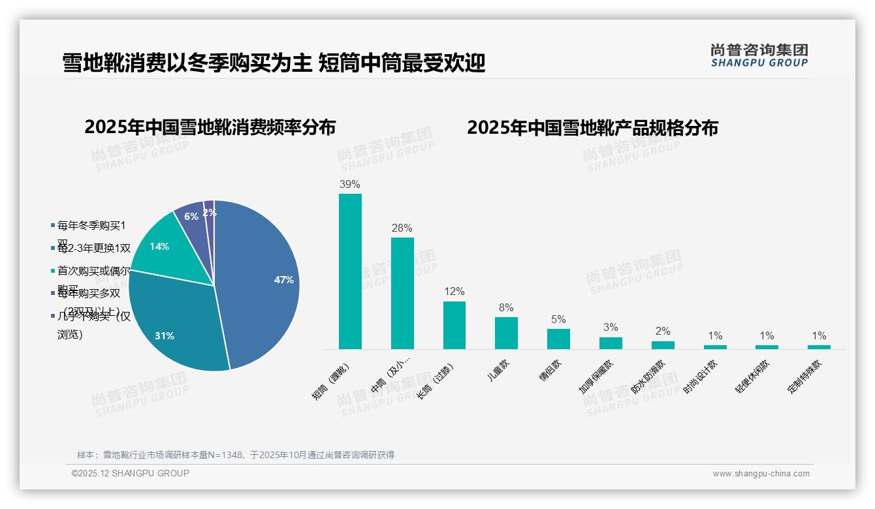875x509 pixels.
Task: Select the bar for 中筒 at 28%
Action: tap(402, 293)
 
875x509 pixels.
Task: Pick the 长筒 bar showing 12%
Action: tap(454, 325)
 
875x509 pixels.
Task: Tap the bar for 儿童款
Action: tap(506, 333)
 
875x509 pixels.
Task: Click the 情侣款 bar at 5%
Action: tap(558, 339)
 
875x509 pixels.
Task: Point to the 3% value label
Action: tap(611, 327)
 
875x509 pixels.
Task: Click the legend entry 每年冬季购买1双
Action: tap(91, 226)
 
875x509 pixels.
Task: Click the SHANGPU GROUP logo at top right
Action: tap(759, 55)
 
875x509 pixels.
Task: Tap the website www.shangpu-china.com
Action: tap(761, 473)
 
